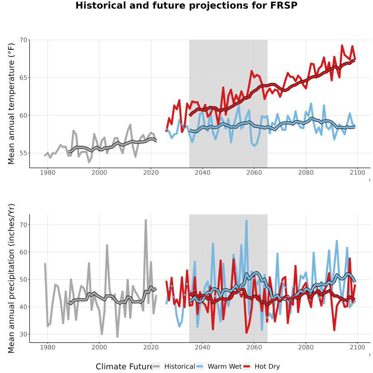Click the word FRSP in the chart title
click(x=284, y=5)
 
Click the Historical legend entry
click(x=174, y=366)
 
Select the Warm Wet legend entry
click(x=219, y=366)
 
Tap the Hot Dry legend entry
click(x=262, y=366)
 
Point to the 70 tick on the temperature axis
click(x=24, y=40)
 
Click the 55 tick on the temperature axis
click(x=24, y=153)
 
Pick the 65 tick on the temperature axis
click(x=24, y=78)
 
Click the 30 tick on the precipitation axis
click(x=24, y=334)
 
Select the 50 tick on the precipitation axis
click(x=24, y=279)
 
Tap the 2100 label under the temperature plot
click(x=357, y=173)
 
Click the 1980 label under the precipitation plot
click(x=48, y=347)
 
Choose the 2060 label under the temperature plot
click(x=254, y=173)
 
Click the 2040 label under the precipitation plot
click(x=202, y=347)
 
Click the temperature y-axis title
click(x=11, y=104)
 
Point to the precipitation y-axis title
click(x=11, y=279)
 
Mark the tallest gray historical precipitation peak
click(x=146, y=220)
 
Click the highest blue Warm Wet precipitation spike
click(x=247, y=221)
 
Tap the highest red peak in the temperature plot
click(x=342, y=46)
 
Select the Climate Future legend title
click(x=124, y=367)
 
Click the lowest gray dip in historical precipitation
click(x=117, y=337)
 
